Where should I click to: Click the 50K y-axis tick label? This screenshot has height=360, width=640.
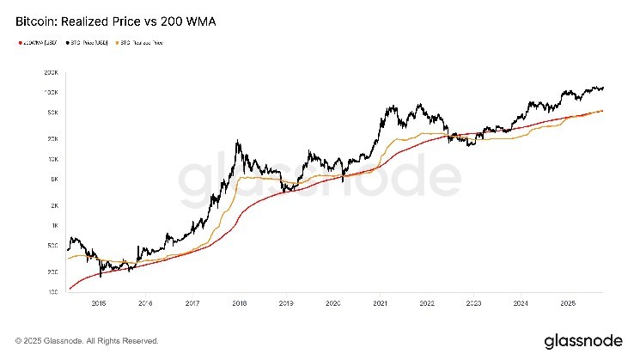click(x=52, y=113)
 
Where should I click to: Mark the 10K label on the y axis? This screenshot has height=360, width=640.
click(x=52, y=160)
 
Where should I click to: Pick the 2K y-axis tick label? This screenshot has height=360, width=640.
click(x=52, y=206)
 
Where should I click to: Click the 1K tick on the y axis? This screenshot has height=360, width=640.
click(x=52, y=226)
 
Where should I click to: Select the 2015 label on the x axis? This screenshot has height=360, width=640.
click(x=98, y=303)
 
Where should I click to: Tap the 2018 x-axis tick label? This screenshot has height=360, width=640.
click(x=239, y=303)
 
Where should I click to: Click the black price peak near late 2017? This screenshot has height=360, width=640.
click(x=236, y=142)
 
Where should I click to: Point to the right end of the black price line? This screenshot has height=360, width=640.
click(x=604, y=88)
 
